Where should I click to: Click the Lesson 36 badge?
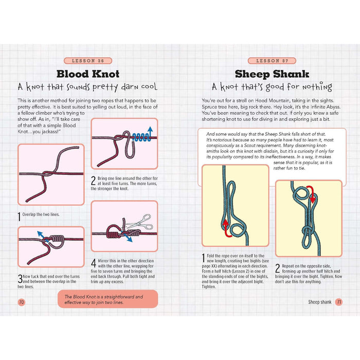[88, 61]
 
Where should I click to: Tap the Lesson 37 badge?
[272, 61]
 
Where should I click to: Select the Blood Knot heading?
[88, 74]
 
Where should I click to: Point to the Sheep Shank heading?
[272, 74]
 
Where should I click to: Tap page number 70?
[22, 302]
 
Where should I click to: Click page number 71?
[338, 302]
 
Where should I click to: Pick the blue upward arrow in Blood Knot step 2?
[150, 133]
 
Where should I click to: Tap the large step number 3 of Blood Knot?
[20, 279]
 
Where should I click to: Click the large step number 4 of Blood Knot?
[94, 263]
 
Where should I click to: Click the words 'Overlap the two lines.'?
[41, 214]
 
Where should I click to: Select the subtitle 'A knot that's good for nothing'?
[272, 87]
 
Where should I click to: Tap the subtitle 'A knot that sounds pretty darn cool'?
[87, 87]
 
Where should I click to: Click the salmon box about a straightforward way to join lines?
[107, 299]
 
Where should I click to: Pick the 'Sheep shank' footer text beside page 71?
[320, 302]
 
